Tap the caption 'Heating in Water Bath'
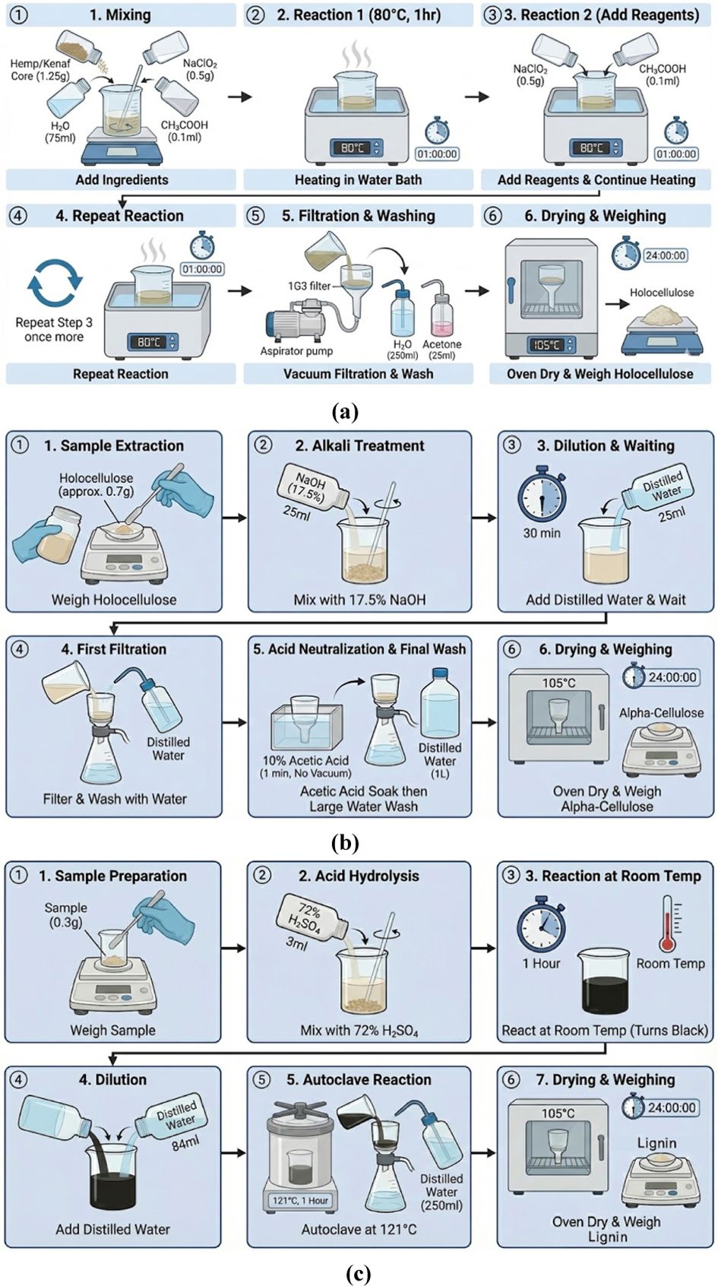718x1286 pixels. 358,180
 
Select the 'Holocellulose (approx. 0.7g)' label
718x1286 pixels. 96,484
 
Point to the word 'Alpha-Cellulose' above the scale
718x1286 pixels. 661,713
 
